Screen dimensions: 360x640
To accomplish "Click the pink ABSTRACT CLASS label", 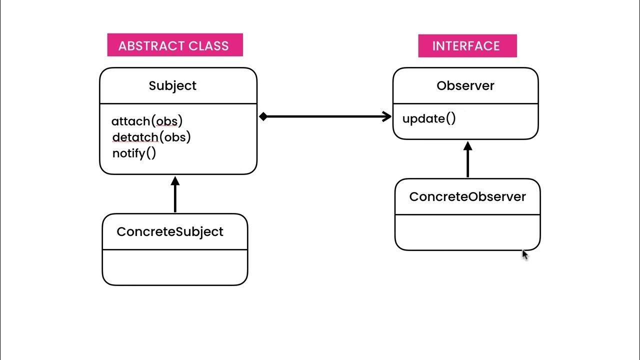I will click(x=174, y=45).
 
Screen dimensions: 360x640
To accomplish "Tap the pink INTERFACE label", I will click(x=467, y=45).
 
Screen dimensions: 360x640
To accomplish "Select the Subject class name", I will click(x=172, y=85).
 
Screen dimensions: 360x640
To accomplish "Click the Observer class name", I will click(x=465, y=85).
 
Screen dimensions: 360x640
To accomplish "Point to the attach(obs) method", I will click(x=147, y=121).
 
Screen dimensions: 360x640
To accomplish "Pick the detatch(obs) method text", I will click(x=151, y=137).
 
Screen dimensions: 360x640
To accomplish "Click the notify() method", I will click(x=134, y=153).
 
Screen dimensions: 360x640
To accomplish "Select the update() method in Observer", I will click(x=429, y=119).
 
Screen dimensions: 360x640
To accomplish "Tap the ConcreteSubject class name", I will click(x=170, y=231).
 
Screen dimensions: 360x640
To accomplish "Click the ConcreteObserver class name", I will click(x=467, y=196).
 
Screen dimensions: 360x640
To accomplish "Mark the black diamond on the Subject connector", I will click(x=263, y=117).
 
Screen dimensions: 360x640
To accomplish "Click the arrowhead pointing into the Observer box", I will click(x=386, y=117).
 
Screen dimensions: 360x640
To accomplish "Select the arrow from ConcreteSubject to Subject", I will click(x=175, y=195).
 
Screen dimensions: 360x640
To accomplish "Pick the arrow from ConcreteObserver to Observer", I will click(x=468, y=160).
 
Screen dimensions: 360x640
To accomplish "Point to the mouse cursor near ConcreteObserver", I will click(x=524, y=254).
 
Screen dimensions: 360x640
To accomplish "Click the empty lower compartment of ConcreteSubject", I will click(x=175, y=267).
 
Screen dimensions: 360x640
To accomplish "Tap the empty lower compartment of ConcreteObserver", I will click(x=467, y=232).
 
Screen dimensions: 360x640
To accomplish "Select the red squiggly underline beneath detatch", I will click(x=135, y=142).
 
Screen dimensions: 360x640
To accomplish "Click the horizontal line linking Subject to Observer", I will click(x=325, y=117).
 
